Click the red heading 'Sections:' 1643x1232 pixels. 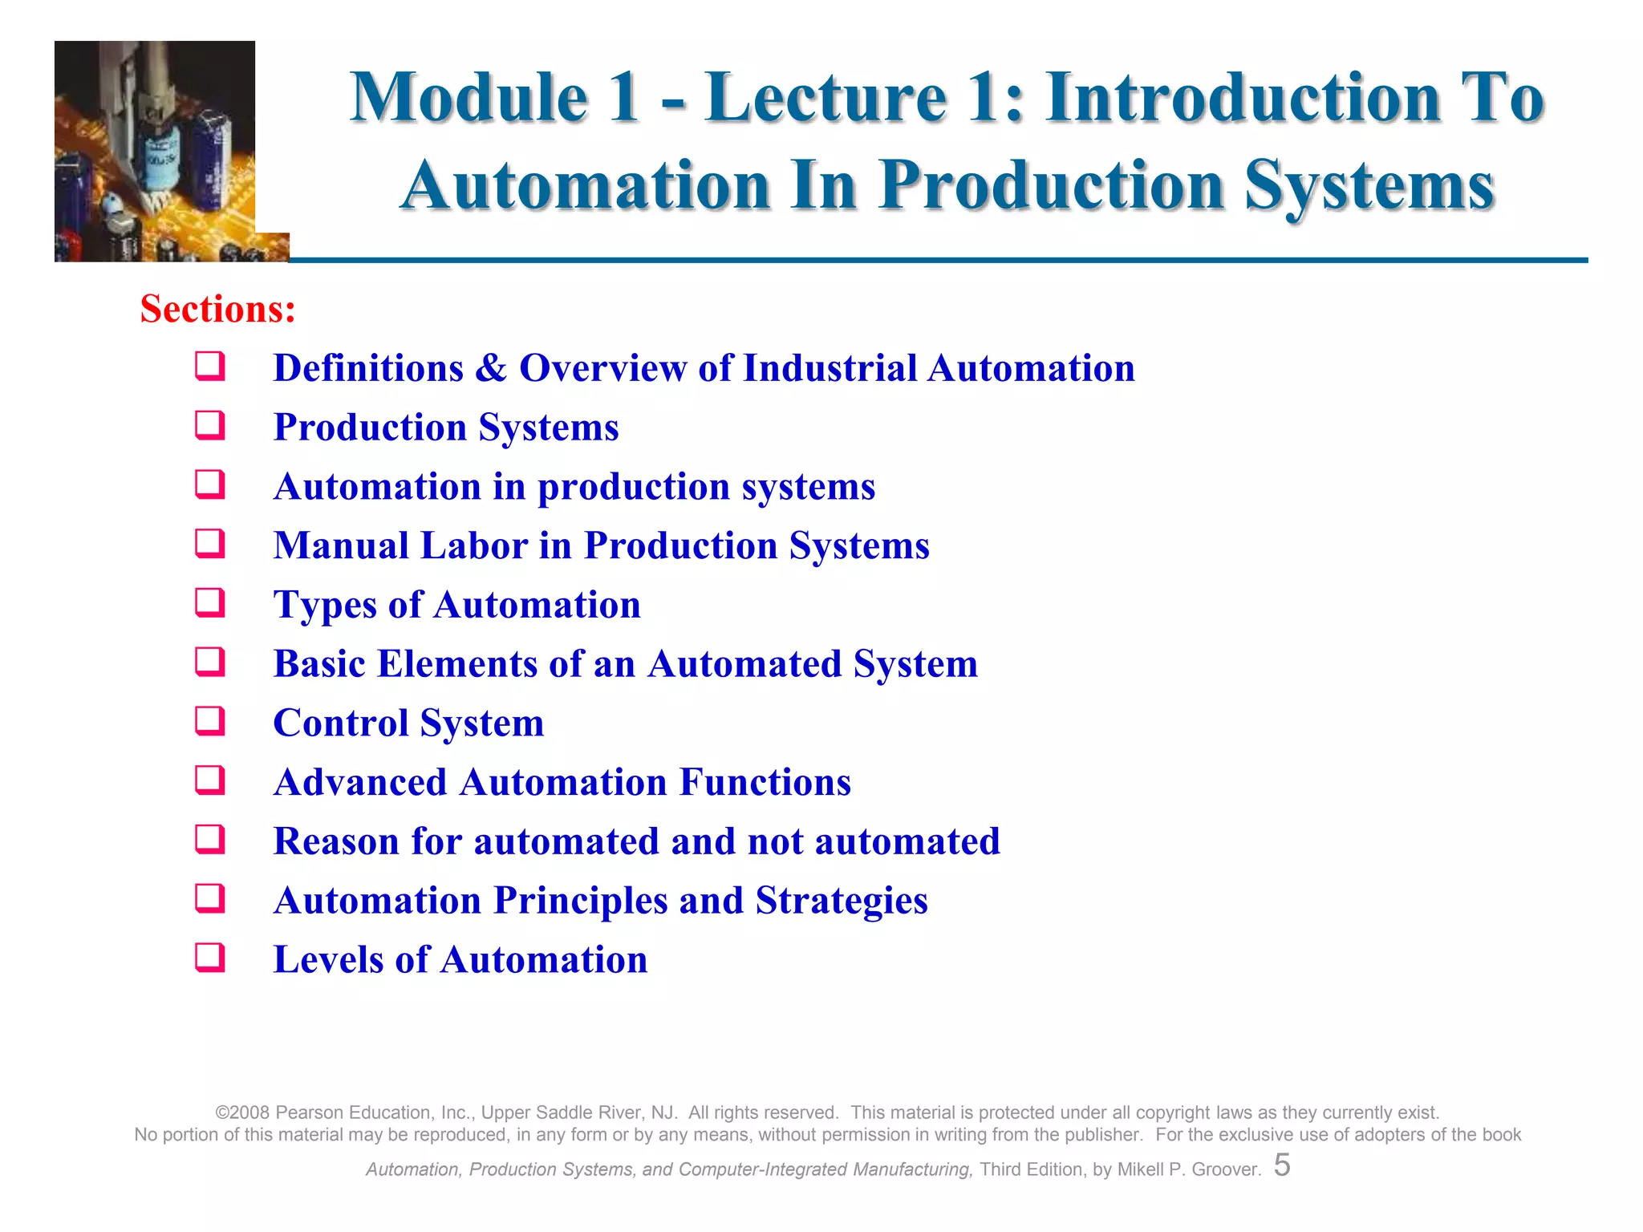(217, 309)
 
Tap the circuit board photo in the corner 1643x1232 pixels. (156, 152)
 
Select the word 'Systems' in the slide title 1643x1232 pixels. (1369, 186)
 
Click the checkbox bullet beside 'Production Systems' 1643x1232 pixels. (210, 425)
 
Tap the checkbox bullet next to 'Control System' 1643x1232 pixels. (210, 721)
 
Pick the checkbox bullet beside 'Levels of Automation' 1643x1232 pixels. (210, 958)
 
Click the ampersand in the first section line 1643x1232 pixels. (491, 368)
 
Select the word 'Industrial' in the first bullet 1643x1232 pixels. (830, 368)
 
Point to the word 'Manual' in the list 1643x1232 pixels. (341, 545)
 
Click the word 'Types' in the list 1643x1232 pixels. (324, 606)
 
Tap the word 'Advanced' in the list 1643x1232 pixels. (359, 782)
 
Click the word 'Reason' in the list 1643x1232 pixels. (335, 841)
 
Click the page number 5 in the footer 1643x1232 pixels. (1282, 1165)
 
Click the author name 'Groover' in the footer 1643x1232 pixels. (1224, 1169)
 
